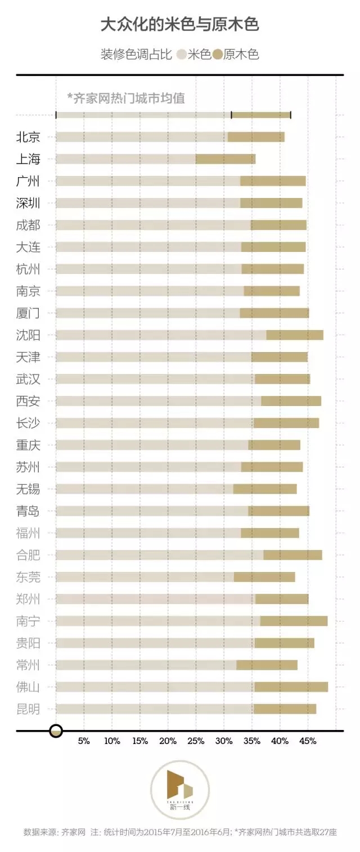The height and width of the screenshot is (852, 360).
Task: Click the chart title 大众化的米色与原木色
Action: tap(179, 25)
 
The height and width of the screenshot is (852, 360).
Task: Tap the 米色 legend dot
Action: tap(181, 55)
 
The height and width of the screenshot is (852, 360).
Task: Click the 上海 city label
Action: tap(28, 159)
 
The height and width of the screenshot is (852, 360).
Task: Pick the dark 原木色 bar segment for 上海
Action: tap(226, 159)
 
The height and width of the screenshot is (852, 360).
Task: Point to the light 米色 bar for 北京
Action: tap(141, 137)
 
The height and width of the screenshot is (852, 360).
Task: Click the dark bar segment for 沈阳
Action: tap(295, 335)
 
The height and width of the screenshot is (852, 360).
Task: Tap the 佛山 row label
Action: tap(28, 687)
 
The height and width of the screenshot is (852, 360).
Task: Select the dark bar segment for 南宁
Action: tap(294, 621)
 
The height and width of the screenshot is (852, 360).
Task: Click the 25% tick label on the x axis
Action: tap(196, 741)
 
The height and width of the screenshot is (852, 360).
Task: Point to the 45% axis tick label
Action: tap(308, 741)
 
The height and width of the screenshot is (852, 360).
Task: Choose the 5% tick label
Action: tap(84, 741)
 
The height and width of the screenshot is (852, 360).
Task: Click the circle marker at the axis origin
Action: tap(56, 731)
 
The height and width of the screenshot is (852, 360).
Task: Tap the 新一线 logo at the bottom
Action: tap(179, 789)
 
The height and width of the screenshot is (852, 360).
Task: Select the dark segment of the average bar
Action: tap(261, 115)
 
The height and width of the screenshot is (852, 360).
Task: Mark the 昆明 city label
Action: tap(28, 709)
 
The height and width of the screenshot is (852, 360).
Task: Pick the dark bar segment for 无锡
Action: tap(265, 489)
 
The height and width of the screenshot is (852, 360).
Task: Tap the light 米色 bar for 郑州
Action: tap(155, 599)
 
